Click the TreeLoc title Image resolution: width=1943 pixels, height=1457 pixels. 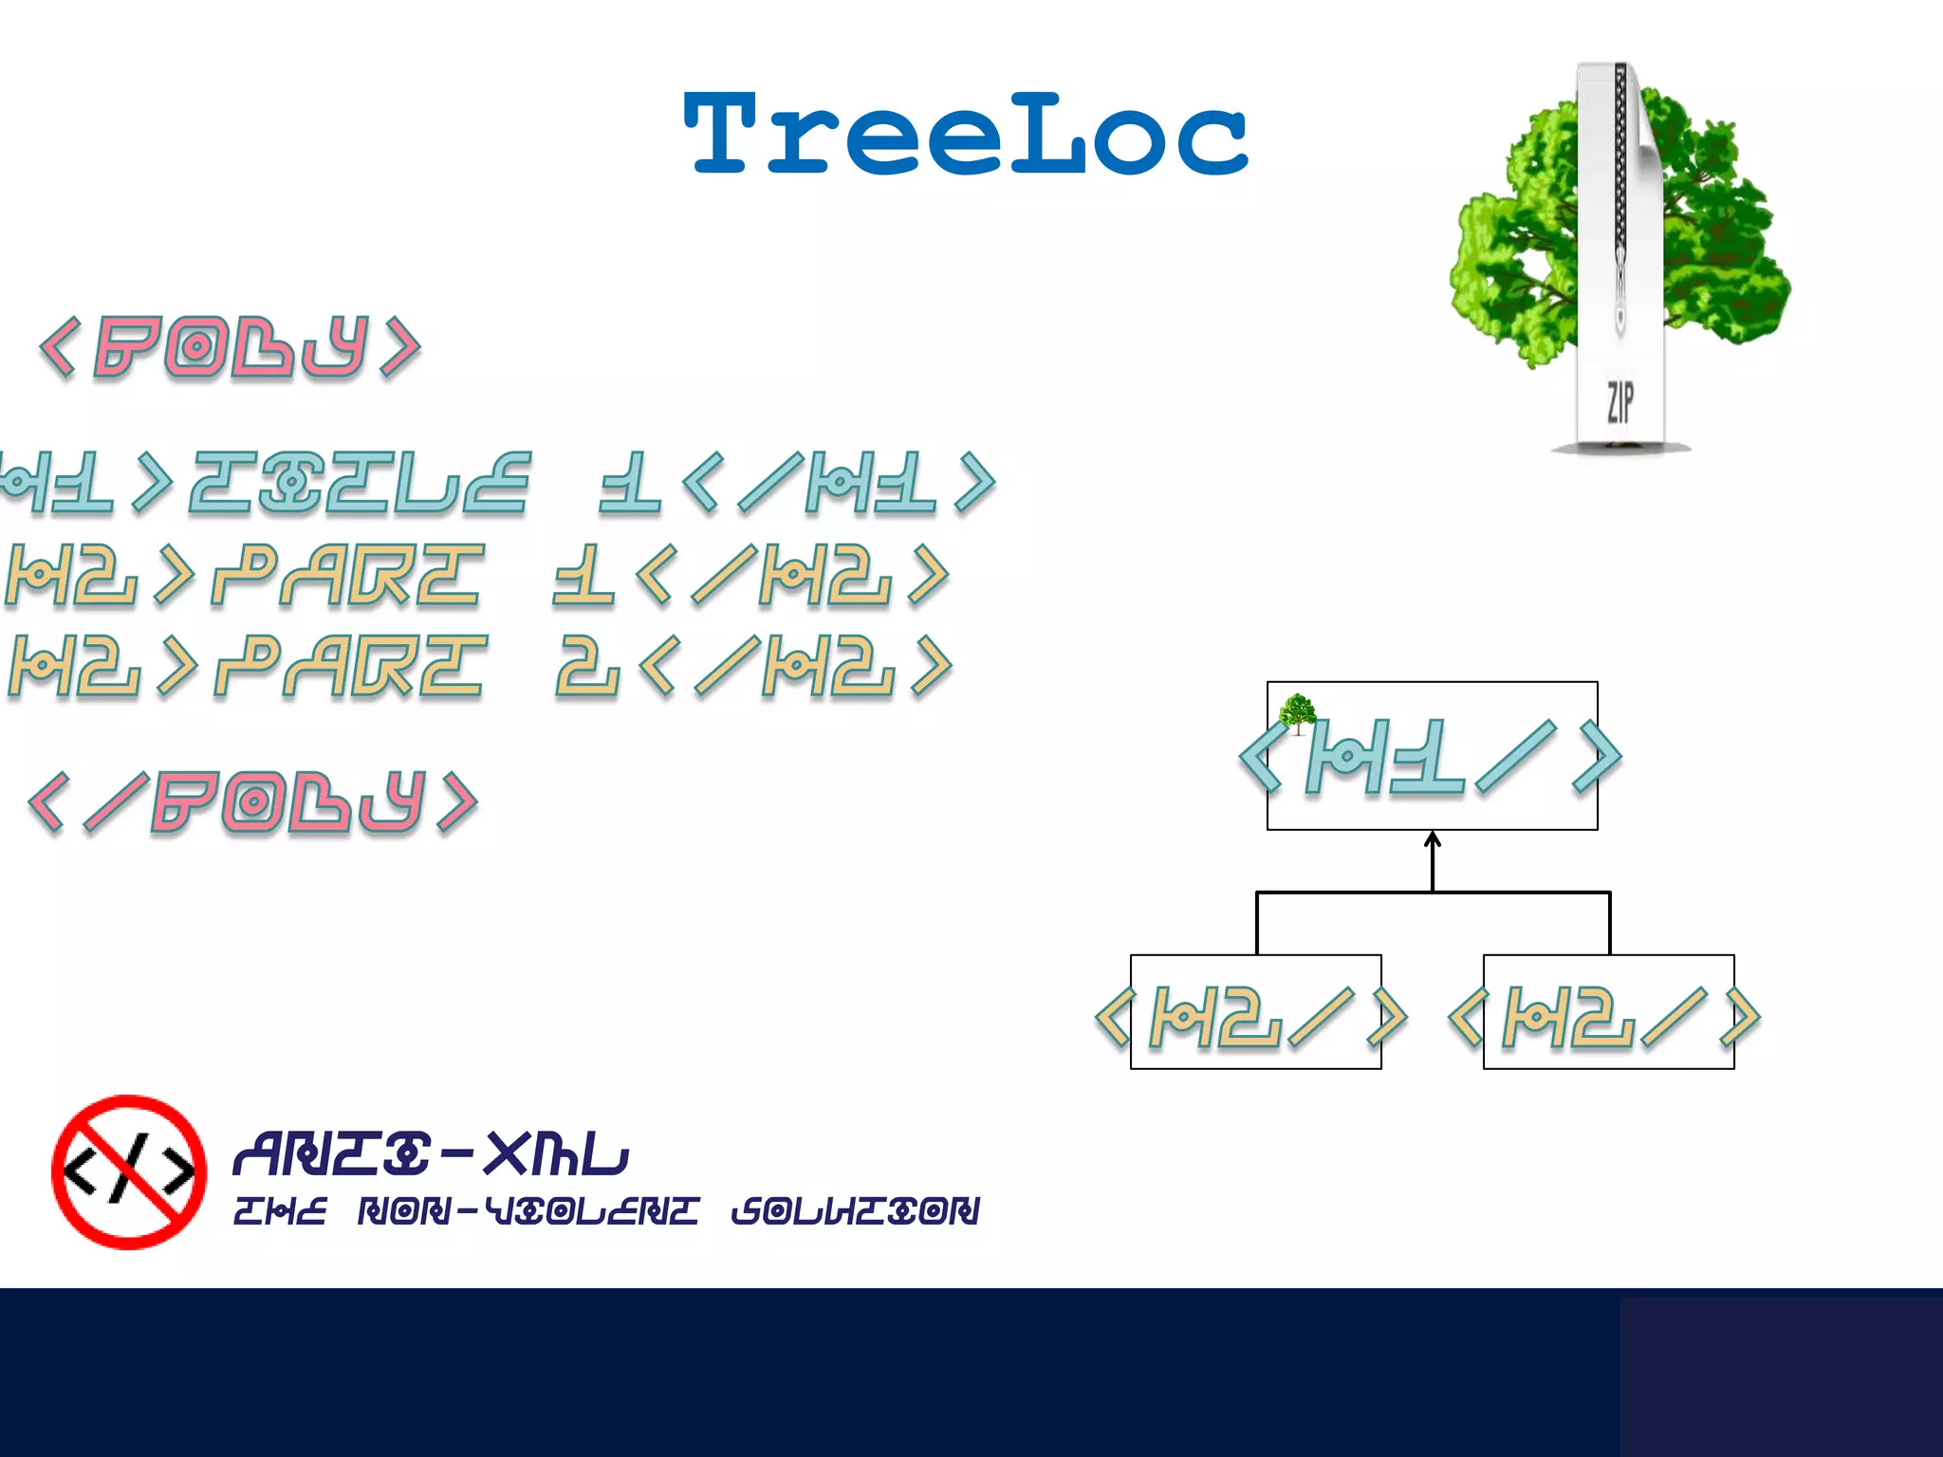pyautogui.click(x=965, y=135)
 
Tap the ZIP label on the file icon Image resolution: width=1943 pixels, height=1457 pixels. pyautogui.click(x=1619, y=401)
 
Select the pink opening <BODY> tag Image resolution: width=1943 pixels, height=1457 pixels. pyautogui.click(x=230, y=347)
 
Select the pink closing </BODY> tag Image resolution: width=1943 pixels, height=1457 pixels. pyautogui.click(x=253, y=802)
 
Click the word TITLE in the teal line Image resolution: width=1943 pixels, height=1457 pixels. pyautogui.click(x=359, y=484)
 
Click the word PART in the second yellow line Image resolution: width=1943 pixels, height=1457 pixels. pyautogui.click(x=351, y=667)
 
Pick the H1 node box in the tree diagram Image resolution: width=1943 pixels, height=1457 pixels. pyautogui.click(x=1432, y=756)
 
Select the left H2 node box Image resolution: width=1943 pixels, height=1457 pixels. pyautogui.click(x=1255, y=1012)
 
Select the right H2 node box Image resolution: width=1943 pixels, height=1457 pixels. pyautogui.click(x=1608, y=1012)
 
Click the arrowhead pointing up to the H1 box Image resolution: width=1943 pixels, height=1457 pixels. pyautogui.click(x=1433, y=839)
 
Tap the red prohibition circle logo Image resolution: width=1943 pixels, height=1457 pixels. pyautogui.click(x=129, y=1171)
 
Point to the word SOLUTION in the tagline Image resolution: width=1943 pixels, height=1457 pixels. pyautogui.click(x=855, y=1211)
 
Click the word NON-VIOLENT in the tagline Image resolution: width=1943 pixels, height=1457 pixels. pyautogui.click(x=527, y=1211)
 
